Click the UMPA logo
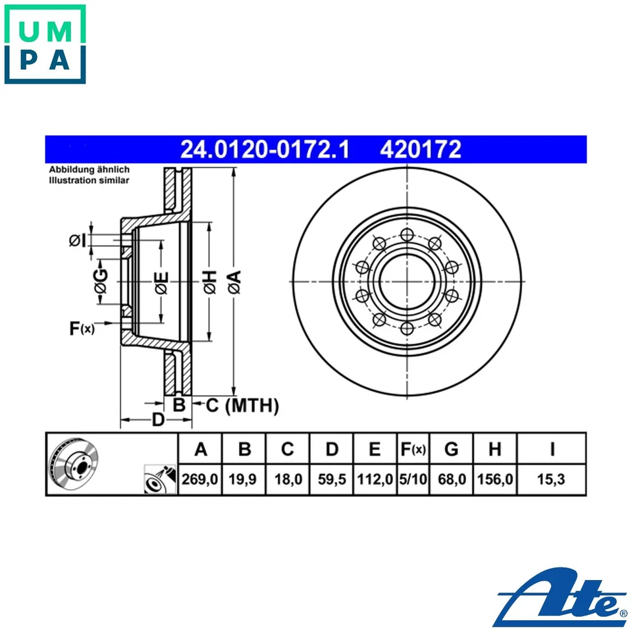tap(45, 44)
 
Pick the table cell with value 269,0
tap(200, 480)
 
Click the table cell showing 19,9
tap(244, 480)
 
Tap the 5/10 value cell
tap(413, 480)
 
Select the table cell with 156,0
tap(495, 480)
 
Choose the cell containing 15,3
tap(552, 480)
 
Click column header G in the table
tap(451, 450)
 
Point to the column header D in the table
tap(332, 450)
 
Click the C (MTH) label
tap(242, 406)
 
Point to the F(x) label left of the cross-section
tap(82, 329)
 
